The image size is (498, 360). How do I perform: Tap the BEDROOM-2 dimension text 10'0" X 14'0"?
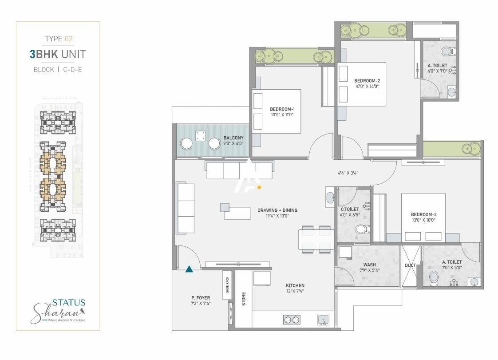(367, 87)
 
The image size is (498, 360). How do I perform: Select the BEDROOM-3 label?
(423, 213)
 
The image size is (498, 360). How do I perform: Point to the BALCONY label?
(233, 138)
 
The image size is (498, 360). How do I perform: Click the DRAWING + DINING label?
(277, 210)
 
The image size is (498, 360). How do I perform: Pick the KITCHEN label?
(295, 285)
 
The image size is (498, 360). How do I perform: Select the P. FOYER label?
(201, 298)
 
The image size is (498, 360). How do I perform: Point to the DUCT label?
(410, 265)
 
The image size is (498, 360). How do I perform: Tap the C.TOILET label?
(350, 209)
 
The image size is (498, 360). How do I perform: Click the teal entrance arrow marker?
(189, 268)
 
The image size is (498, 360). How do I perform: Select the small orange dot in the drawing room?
(259, 187)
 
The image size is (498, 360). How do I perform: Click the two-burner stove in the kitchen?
(292, 320)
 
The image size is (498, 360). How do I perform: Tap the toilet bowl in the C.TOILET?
(362, 229)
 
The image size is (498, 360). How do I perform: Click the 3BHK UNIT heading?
(58, 54)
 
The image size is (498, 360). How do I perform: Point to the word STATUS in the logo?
(69, 303)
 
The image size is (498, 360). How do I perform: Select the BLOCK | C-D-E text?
(58, 70)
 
